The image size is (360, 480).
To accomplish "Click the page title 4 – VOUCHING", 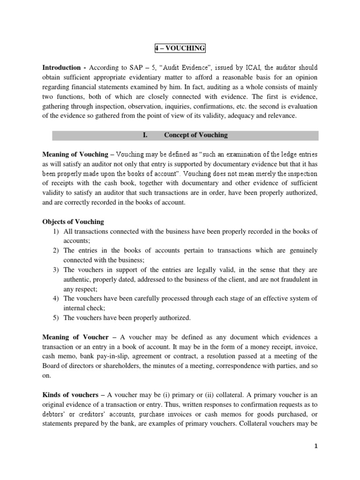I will click(180, 48).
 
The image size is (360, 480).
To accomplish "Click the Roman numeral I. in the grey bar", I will click(145, 135).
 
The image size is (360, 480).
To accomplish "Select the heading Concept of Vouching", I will click(195, 135).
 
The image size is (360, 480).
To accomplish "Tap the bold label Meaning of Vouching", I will click(75, 154).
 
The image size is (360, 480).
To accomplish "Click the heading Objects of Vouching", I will click(73, 221).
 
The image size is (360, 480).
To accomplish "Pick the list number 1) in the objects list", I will click(54, 231).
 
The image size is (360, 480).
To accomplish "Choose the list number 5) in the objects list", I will click(54, 318).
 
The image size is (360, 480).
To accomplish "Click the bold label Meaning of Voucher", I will click(75, 337).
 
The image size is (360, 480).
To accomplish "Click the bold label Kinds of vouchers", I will click(71, 395).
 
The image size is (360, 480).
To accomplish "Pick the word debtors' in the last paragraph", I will click(55, 414).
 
